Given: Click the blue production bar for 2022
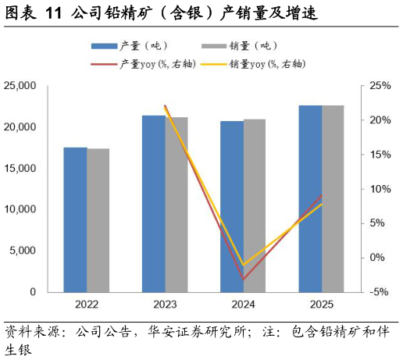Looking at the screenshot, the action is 76,220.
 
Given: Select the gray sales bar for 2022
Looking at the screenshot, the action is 98,220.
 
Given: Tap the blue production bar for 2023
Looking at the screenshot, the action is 154,204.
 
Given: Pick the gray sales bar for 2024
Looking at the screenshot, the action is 255,205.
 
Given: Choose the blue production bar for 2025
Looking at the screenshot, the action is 310,199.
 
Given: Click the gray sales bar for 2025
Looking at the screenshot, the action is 333,199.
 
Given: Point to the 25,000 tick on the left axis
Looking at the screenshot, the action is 20,86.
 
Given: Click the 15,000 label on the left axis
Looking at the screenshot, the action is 20,168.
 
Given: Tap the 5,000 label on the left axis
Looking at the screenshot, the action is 23,251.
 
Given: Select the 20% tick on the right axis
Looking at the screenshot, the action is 380,120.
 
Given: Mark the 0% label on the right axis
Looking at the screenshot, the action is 377,258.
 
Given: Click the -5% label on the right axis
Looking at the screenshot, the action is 379,292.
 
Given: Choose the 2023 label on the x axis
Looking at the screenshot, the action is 165,305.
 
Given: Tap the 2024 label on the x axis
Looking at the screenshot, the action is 244,305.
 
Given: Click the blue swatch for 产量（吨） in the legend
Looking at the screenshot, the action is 104,46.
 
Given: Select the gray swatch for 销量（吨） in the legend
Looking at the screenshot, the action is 214,46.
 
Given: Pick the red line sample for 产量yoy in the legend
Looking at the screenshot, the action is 104,64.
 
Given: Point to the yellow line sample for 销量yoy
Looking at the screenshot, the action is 214,64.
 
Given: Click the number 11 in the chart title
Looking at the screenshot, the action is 54,13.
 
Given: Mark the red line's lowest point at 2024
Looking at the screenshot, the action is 244,279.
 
